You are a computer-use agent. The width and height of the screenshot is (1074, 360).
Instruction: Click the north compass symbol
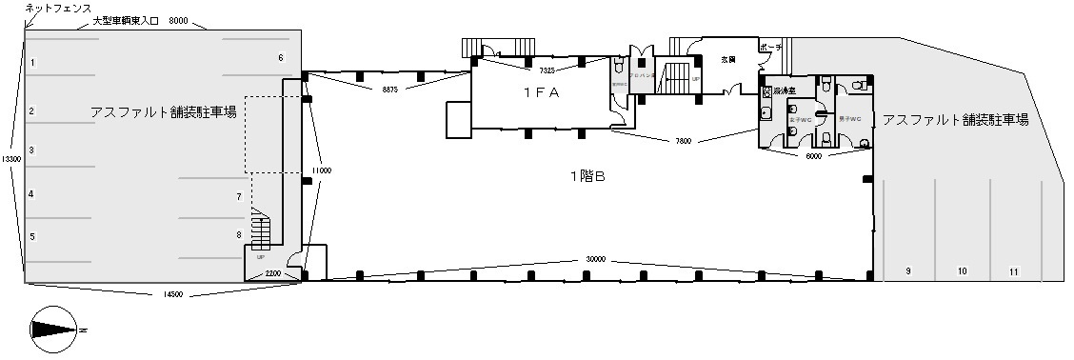(53, 328)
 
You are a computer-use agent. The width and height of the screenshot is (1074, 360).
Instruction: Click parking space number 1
(32, 63)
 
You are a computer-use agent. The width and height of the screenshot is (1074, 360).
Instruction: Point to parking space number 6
(281, 58)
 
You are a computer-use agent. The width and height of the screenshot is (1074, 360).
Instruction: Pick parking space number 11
(1014, 271)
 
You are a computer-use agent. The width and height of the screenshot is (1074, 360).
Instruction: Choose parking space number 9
(908, 271)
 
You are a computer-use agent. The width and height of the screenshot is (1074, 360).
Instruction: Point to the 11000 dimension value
(320, 170)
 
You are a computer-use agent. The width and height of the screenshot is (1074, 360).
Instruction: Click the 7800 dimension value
(682, 141)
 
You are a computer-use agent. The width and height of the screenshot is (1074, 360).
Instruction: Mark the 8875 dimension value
(388, 89)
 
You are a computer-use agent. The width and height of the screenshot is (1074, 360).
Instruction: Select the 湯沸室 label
(785, 90)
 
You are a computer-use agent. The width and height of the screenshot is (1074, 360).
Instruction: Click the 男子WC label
(849, 119)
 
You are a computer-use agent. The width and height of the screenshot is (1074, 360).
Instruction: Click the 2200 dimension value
(272, 273)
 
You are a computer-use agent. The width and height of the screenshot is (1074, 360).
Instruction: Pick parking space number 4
(31, 194)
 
